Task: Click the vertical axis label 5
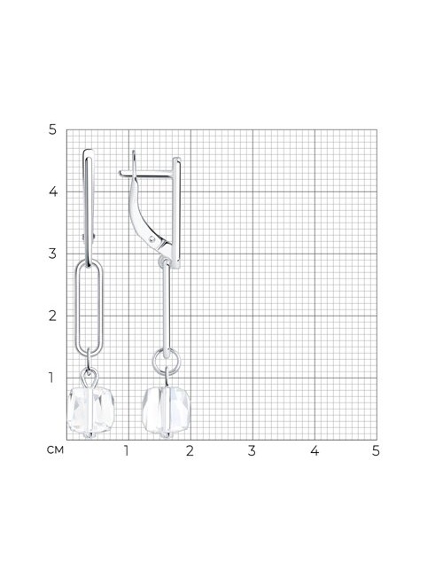coord(52,129)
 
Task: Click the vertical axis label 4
coord(53,191)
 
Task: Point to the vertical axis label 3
coord(52,254)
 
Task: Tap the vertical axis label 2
coord(52,316)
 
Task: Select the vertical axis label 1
coord(51,378)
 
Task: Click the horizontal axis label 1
coord(126,450)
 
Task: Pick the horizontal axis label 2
coord(190,450)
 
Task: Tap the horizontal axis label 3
coord(252,450)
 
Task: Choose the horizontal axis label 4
coord(315,450)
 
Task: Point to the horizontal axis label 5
coord(376,450)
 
